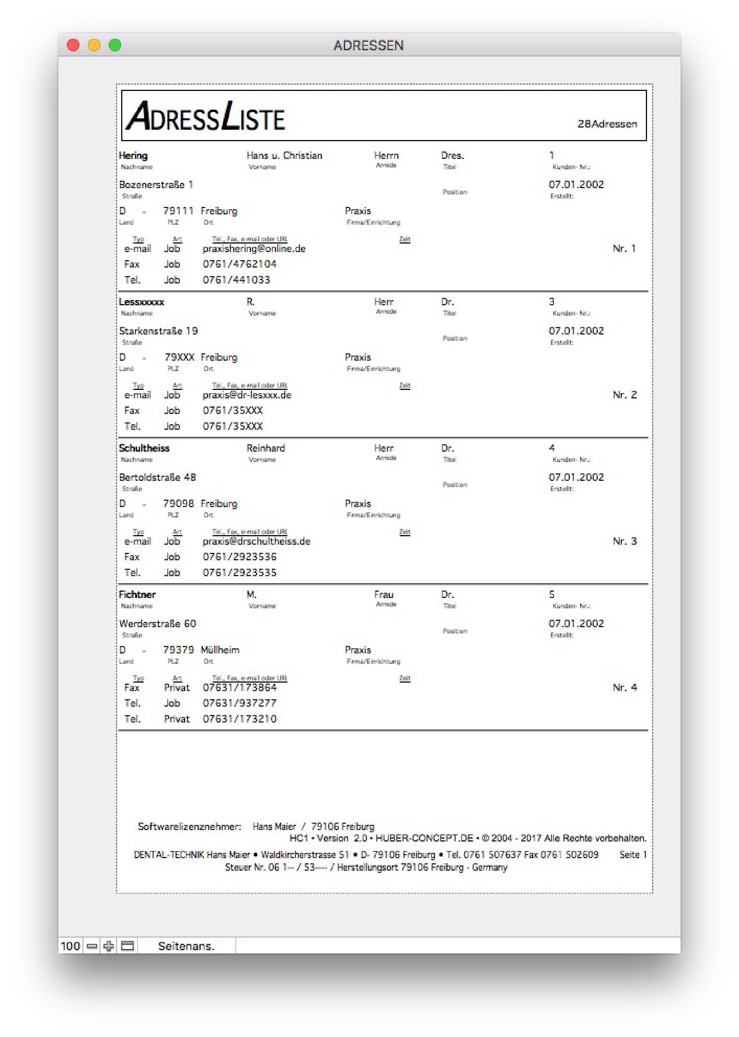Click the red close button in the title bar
coord(73,45)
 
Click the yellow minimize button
coord(94,45)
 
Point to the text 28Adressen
coord(607,124)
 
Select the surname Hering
coord(133,156)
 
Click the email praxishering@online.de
coord(254,248)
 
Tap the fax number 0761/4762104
coord(239,264)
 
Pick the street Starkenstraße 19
coord(159,331)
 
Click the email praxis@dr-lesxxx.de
coord(246,395)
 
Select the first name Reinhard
coord(265,448)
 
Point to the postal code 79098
coord(178,504)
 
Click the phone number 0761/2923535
coord(239,572)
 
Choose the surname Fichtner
coord(137,595)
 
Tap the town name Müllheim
coord(220,650)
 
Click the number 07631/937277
coord(239,703)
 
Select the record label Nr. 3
coord(624,541)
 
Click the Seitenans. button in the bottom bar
coord(186,946)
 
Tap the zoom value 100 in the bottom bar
coord(70,946)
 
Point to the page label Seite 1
coord(633,854)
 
